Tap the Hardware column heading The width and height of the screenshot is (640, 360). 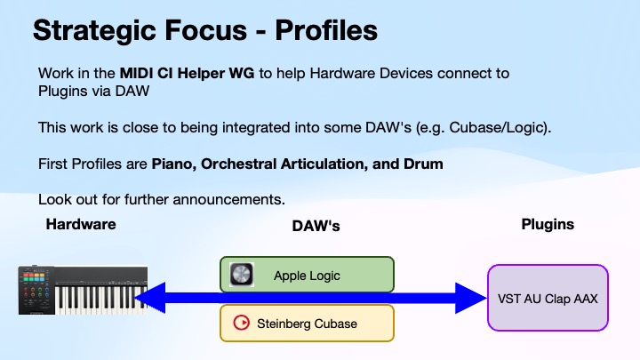coord(81,225)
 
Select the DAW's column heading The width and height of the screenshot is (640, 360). coord(316,227)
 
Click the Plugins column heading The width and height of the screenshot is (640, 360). coord(547,225)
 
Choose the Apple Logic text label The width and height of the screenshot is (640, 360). coord(307,276)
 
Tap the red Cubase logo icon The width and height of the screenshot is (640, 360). coord(239,323)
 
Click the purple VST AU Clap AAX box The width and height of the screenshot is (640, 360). coord(548,298)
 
